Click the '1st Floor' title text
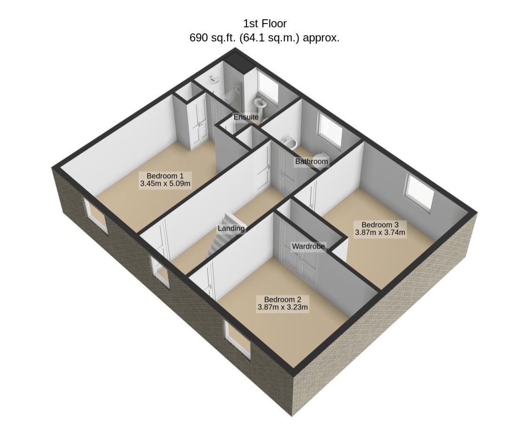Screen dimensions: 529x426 tap(265, 24)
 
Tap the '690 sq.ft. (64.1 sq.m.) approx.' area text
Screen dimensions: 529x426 tap(264, 38)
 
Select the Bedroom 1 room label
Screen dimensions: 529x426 tap(165, 176)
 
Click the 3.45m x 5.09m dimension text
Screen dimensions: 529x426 tap(165, 184)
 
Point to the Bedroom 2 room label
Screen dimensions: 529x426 tap(283, 299)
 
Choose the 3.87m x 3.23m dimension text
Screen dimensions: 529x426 tap(283, 307)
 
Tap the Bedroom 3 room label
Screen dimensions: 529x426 tap(380, 225)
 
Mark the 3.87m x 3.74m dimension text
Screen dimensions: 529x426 tap(380, 233)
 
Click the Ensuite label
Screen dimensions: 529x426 tap(246, 117)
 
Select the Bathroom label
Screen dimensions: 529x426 tap(311, 161)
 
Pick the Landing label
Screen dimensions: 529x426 tap(231, 228)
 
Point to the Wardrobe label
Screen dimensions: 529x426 tap(308, 246)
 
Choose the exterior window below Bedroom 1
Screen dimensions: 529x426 tap(96, 215)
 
